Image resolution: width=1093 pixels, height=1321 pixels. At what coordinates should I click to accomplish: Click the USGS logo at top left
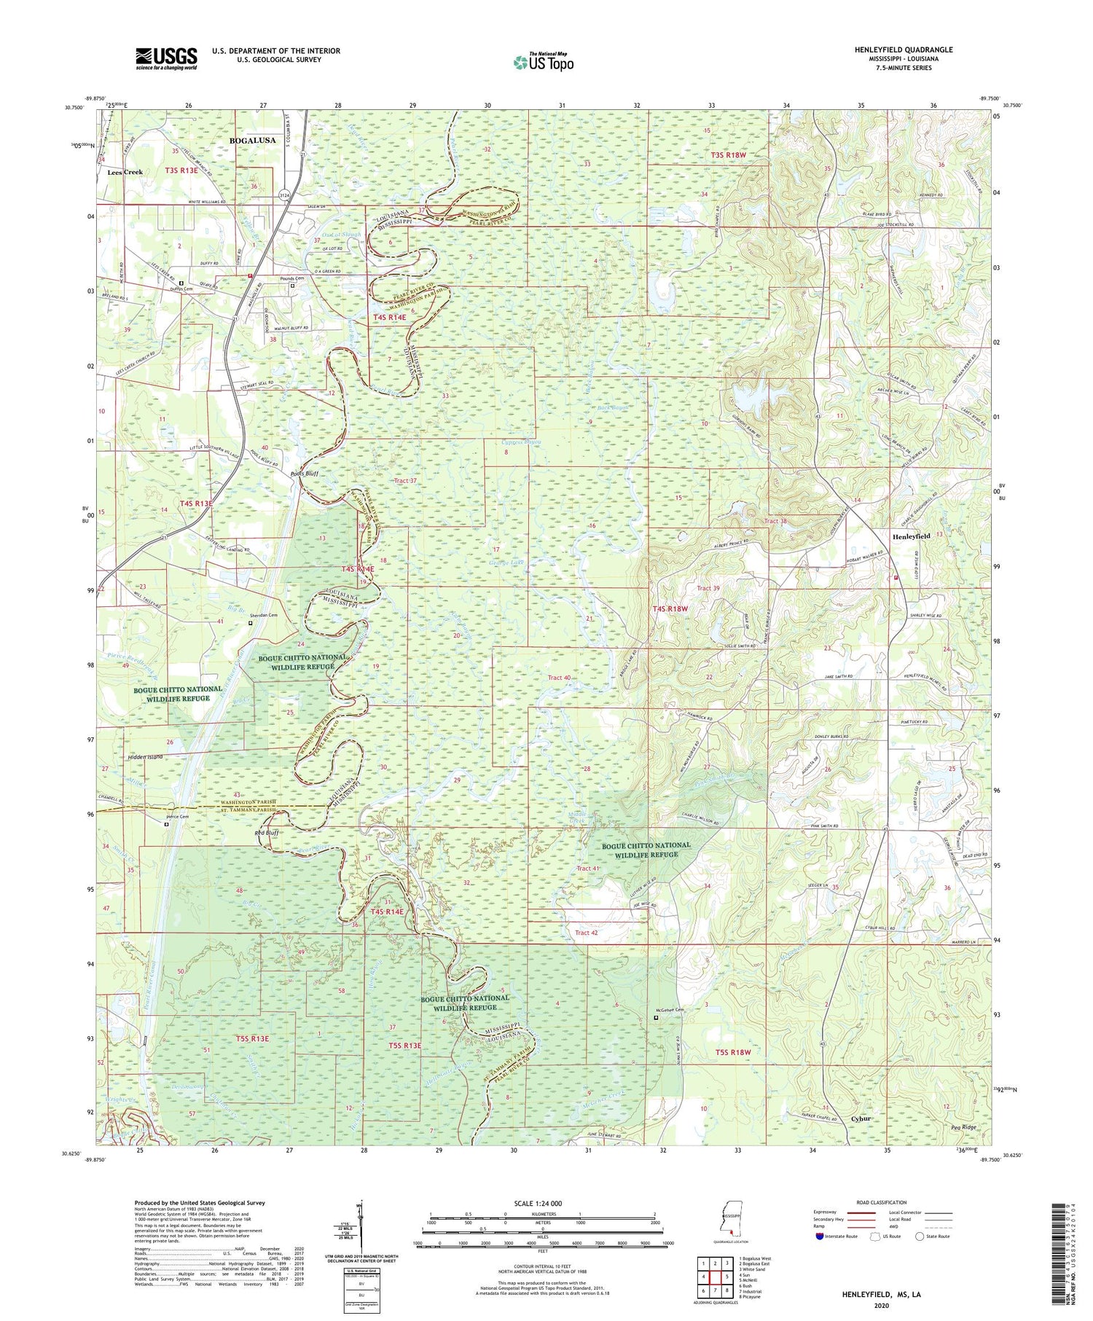click(x=166, y=58)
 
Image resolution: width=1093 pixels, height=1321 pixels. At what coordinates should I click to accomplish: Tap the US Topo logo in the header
click(x=542, y=62)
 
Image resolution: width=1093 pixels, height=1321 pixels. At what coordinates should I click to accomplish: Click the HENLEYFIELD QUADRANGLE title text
click(x=904, y=50)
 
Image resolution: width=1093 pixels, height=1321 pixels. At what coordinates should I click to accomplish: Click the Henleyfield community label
click(x=911, y=536)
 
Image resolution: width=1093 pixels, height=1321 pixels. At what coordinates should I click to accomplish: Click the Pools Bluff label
click(x=304, y=474)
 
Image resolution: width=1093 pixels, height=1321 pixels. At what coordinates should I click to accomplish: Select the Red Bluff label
click(x=248, y=831)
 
